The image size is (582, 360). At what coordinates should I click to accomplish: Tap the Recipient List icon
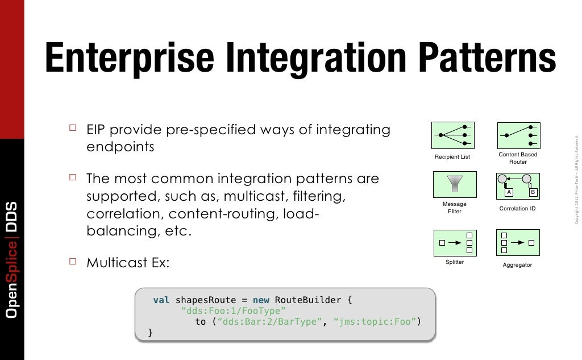point(453,135)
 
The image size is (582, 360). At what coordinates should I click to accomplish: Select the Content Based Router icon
point(518,135)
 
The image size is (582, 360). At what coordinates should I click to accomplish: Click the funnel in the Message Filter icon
point(455,184)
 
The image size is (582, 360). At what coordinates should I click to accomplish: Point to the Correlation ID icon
point(518,185)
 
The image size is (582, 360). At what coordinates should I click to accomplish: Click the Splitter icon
point(455,243)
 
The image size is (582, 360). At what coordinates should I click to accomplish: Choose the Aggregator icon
point(518,242)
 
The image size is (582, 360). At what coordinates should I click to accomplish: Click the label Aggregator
point(518,265)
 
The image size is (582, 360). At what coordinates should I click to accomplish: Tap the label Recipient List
point(452,157)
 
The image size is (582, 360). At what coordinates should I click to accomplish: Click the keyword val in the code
point(161,300)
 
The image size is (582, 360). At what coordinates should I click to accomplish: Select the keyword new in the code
point(261,300)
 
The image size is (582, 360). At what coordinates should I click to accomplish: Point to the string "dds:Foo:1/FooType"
point(232,311)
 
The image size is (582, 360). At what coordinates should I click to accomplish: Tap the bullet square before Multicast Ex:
point(72,262)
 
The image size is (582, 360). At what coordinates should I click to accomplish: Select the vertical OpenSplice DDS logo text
point(11,259)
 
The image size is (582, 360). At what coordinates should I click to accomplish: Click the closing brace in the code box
point(150,332)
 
